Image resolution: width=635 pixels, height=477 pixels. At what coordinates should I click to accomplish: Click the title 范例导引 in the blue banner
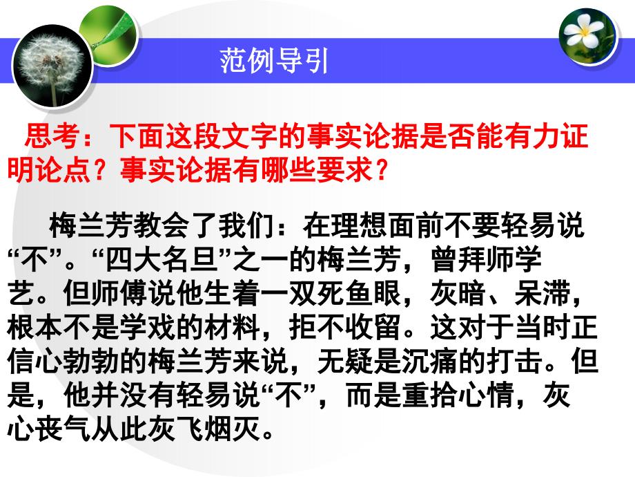point(274,61)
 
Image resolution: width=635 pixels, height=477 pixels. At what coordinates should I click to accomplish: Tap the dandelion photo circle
point(52,66)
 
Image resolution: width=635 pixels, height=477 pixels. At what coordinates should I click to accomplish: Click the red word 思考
point(52,135)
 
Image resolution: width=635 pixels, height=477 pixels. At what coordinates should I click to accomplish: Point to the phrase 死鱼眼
point(359,293)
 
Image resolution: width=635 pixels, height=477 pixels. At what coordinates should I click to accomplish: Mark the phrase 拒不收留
point(344,327)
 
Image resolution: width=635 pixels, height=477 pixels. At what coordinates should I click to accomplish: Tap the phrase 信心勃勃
point(63,361)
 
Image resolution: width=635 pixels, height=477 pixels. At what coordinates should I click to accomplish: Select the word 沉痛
point(430,361)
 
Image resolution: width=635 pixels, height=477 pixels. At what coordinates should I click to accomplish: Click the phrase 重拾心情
point(458,395)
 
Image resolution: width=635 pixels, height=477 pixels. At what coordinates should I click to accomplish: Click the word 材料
point(233,327)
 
